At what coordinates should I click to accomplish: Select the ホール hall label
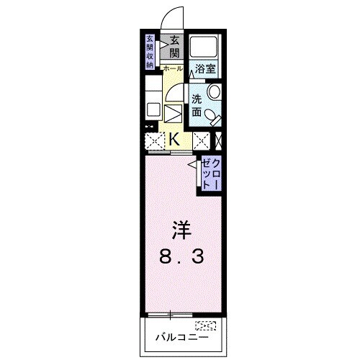[x=173, y=68]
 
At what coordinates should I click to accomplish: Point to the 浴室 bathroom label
[x=206, y=69]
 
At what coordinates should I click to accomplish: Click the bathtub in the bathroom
[x=206, y=48]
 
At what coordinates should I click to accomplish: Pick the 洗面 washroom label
[x=197, y=104]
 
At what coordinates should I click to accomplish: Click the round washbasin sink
[x=213, y=93]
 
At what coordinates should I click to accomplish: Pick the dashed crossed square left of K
[x=153, y=140]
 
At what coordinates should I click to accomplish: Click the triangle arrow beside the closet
[x=193, y=166]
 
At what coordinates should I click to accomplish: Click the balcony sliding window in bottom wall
[x=171, y=314]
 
